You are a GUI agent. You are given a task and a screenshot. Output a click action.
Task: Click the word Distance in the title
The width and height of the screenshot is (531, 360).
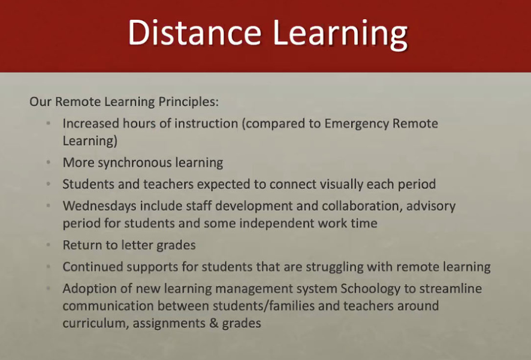[x=195, y=32]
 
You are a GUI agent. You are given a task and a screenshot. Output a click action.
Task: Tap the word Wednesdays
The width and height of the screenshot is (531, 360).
[x=99, y=206]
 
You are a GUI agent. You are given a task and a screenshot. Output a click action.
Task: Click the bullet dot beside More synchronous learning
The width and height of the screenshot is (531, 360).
[x=49, y=162]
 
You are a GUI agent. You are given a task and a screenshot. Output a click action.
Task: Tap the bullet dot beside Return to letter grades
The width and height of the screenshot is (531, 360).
[x=49, y=244]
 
